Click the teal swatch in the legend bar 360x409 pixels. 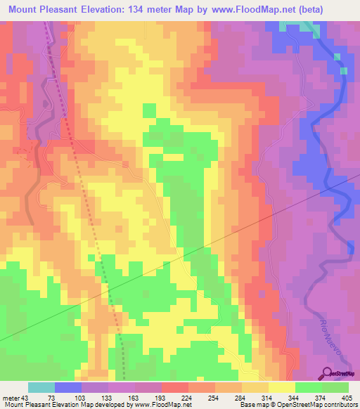pyautogui.click(x=41, y=387)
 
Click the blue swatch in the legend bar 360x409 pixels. pyautogui.click(x=68, y=387)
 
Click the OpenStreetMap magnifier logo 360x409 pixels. pyautogui.click(x=328, y=372)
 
